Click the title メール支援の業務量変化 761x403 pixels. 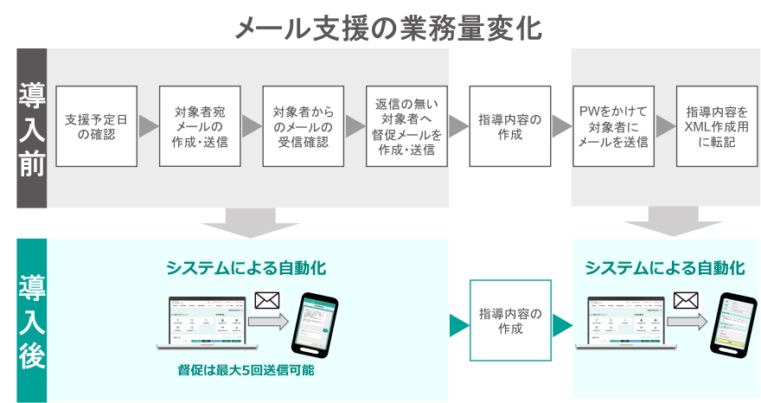[388, 29]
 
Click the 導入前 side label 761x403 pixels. [32, 130]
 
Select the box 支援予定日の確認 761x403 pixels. [97, 126]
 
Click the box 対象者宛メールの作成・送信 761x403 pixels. [201, 126]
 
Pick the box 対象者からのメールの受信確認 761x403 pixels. [304, 126]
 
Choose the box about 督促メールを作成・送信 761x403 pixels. [406, 126]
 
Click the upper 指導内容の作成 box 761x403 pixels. [510, 126]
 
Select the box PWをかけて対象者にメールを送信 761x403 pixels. [613, 126]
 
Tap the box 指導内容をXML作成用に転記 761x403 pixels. [717, 126]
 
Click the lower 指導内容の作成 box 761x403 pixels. [510, 321]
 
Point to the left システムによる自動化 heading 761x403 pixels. [247, 268]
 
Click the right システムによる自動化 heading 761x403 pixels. [665, 268]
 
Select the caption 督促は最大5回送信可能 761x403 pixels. [246, 371]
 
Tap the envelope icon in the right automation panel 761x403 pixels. [686, 300]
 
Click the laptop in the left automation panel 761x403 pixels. [201, 323]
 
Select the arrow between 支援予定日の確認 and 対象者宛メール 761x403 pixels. [149, 126]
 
